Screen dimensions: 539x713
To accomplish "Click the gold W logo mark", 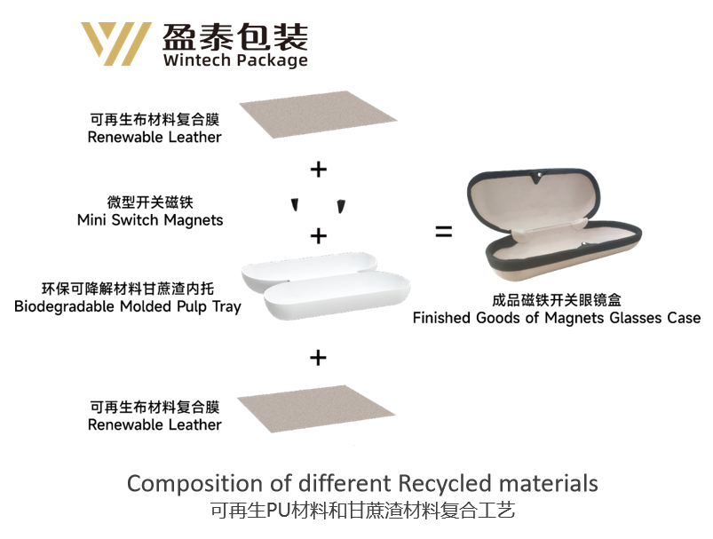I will point(115,43).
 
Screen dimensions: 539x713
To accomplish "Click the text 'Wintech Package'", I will point(235,60).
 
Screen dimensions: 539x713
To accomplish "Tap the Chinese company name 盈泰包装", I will point(235,36).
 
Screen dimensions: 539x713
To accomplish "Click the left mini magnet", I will point(294,206).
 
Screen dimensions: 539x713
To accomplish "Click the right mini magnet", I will point(340,207).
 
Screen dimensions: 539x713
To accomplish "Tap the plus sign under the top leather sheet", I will point(318,169).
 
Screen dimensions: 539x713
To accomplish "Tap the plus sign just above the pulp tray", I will point(318,236).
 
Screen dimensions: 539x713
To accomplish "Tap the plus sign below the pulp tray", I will point(318,357).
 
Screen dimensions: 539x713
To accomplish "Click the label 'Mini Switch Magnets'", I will point(150,220).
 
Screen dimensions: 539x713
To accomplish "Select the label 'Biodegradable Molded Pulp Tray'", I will point(128,307).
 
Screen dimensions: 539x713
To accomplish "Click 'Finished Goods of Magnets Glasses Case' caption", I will point(557,318).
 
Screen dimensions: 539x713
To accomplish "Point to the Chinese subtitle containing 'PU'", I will point(362,511).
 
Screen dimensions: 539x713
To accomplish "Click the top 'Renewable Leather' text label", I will point(154,138).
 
